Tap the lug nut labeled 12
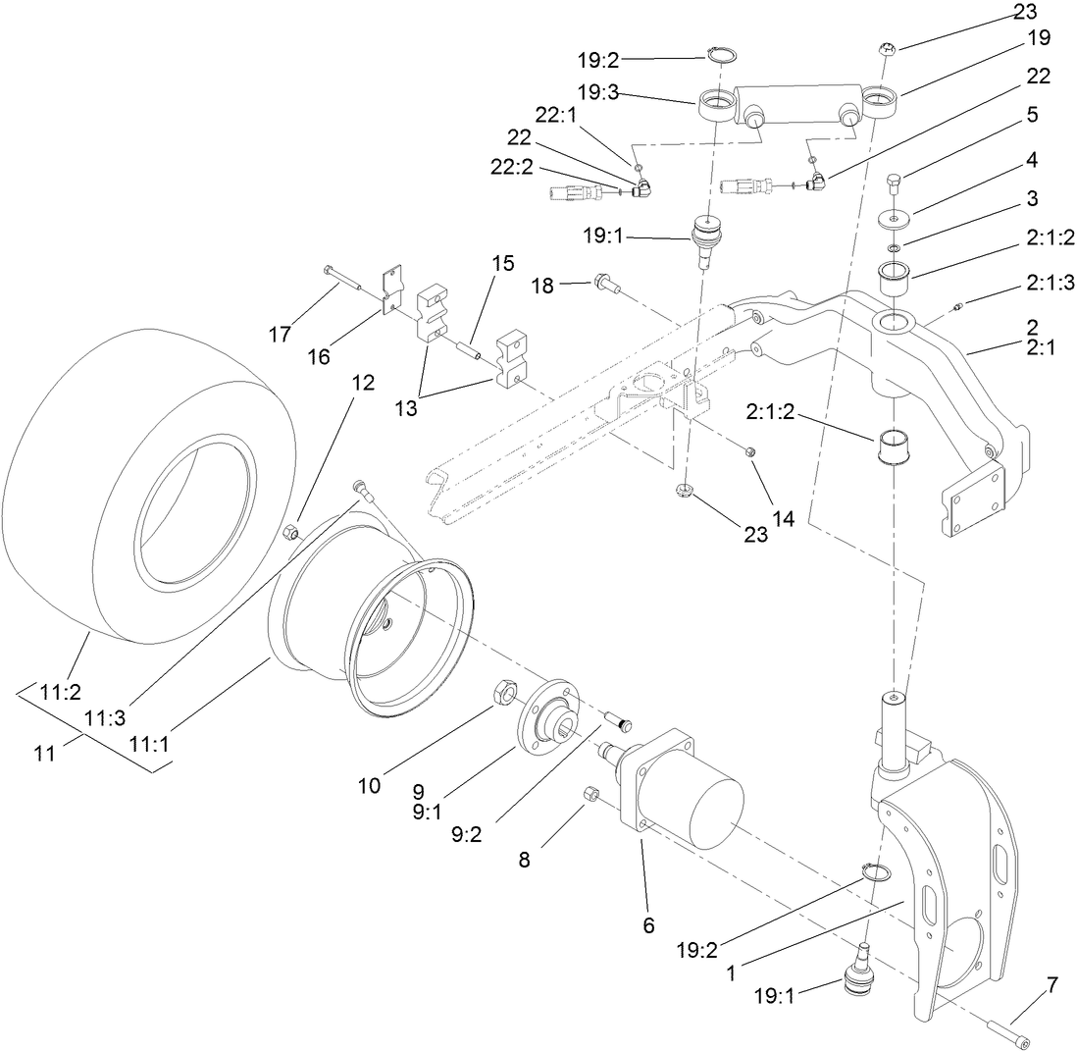[291, 532]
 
